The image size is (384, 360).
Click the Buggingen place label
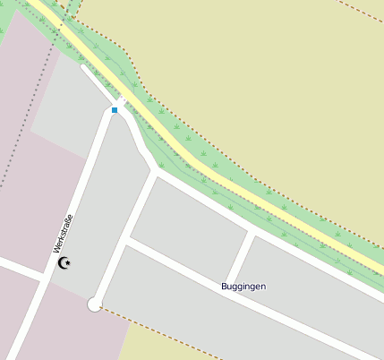[243, 287]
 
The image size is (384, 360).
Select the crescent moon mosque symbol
[64, 262]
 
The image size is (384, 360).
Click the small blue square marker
[115, 110]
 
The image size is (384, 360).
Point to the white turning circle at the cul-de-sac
[94, 305]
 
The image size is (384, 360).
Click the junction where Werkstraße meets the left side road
[44, 274]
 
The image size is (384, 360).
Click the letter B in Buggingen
[225, 287]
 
